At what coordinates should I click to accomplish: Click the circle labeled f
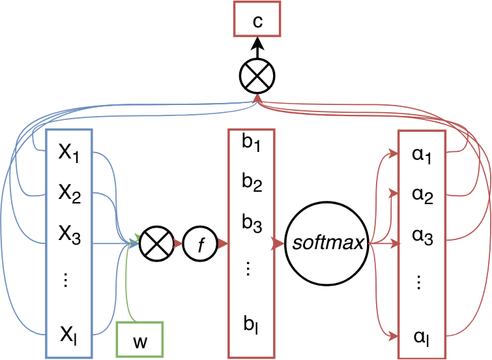pos(200,244)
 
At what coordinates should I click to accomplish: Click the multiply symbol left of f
pos(156,244)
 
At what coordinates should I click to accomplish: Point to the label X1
pos(69,154)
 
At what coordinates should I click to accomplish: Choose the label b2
pos(252,185)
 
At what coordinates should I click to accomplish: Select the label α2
pos(422,196)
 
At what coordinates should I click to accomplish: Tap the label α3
pos(422,238)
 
